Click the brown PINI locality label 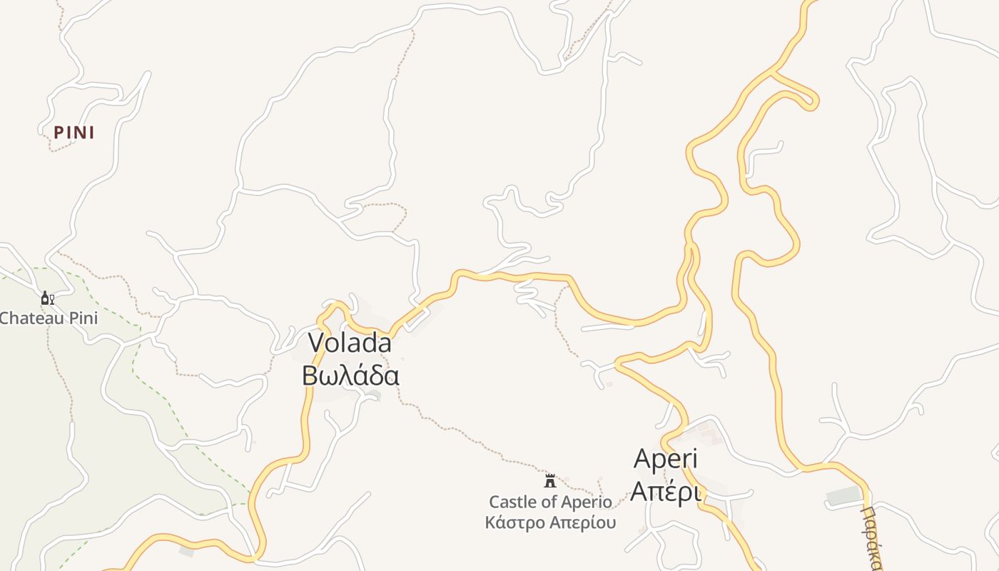click(74, 133)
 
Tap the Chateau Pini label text click(49, 318)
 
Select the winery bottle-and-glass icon click(47, 298)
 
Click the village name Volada click(350, 343)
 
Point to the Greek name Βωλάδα click(350, 375)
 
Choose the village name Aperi click(665, 459)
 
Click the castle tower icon click(549, 480)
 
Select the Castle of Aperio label click(550, 502)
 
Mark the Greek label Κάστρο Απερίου click(550, 522)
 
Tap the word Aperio click(589, 502)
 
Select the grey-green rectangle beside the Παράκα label click(844, 495)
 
